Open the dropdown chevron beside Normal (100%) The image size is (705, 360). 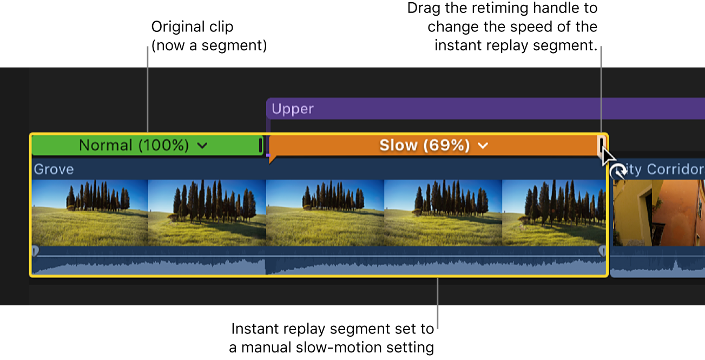coord(202,146)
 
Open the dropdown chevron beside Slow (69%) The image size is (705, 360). coord(483,146)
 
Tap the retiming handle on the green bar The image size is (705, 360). coord(261,145)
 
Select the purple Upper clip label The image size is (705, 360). coord(293,109)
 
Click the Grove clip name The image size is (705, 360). coord(54,169)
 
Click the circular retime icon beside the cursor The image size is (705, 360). coord(618,172)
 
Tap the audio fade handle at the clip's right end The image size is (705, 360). coord(603,251)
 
